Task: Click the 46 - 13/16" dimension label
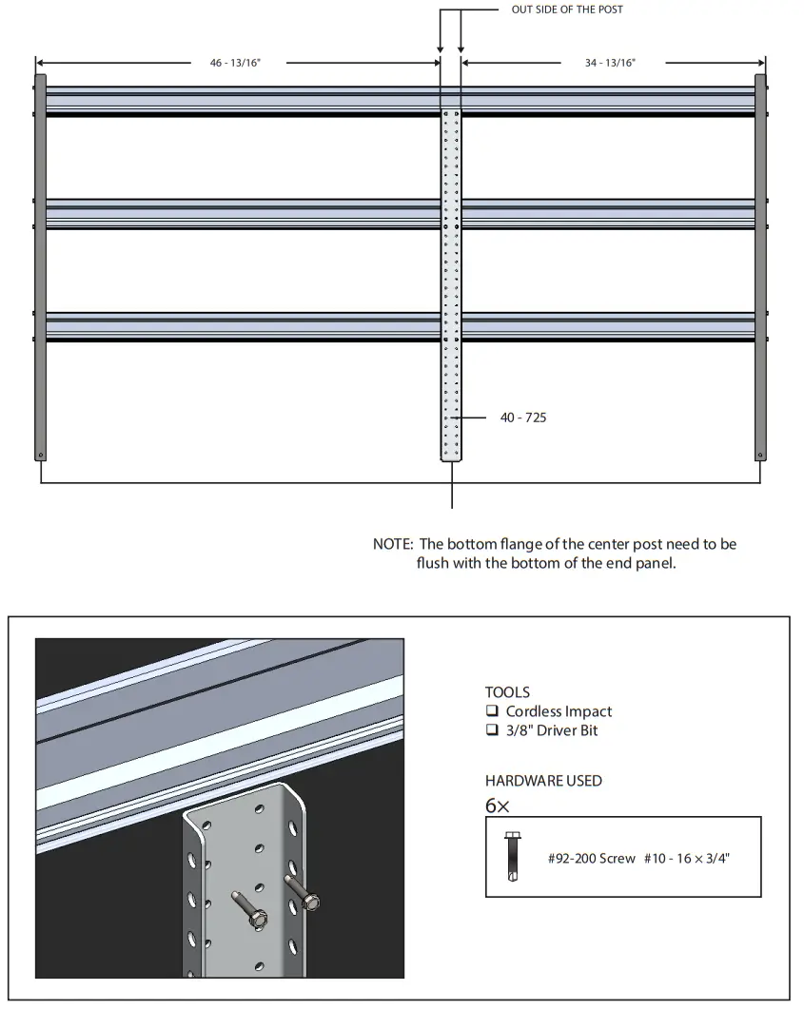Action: point(235,63)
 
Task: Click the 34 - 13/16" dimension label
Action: point(610,63)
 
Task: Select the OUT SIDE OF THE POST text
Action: point(567,10)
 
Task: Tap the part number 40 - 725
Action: point(522,418)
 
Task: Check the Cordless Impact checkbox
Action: point(492,711)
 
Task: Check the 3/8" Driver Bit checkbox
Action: point(492,730)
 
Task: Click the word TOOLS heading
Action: point(507,692)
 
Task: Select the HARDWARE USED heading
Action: point(543,781)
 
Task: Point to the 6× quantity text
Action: point(498,806)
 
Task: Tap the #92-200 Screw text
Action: point(591,858)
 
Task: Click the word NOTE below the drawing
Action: point(392,544)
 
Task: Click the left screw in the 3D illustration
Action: point(249,911)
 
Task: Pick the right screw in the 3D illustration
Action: point(304,895)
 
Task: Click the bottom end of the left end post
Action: point(40,455)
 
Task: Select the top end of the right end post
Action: point(760,80)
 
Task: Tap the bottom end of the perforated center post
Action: point(451,456)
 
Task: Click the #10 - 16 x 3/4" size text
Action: point(687,858)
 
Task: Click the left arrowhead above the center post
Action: point(441,49)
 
